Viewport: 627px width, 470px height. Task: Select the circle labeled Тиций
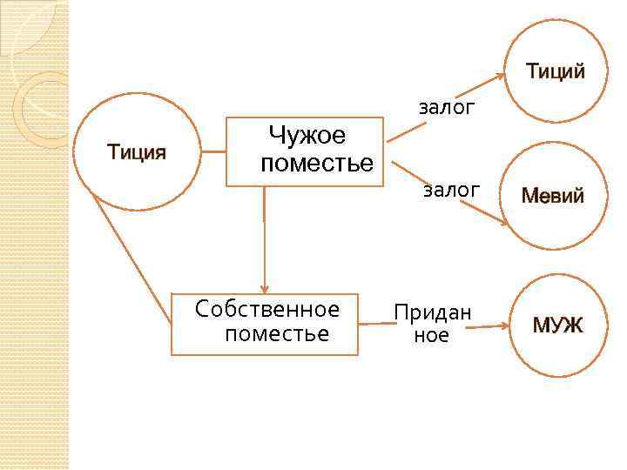(x=554, y=71)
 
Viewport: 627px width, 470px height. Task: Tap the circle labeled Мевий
(x=552, y=196)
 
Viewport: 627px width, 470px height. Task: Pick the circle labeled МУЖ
(x=557, y=326)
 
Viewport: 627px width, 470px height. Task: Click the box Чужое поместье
(x=305, y=151)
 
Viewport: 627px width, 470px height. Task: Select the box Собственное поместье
(x=265, y=324)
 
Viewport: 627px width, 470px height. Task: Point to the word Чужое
(x=307, y=136)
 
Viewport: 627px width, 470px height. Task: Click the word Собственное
(x=267, y=309)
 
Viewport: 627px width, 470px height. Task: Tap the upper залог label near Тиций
(x=447, y=108)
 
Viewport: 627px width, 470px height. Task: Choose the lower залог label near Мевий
(x=451, y=190)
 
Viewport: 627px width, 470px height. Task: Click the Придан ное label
(x=432, y=323)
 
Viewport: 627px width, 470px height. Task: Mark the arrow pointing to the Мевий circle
(x=450, y=192)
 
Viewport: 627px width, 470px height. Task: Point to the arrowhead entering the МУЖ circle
(x=503, y=326)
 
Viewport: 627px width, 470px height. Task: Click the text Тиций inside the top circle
(x=555, y=72)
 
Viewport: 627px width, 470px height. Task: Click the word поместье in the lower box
(x=277, y=334)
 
